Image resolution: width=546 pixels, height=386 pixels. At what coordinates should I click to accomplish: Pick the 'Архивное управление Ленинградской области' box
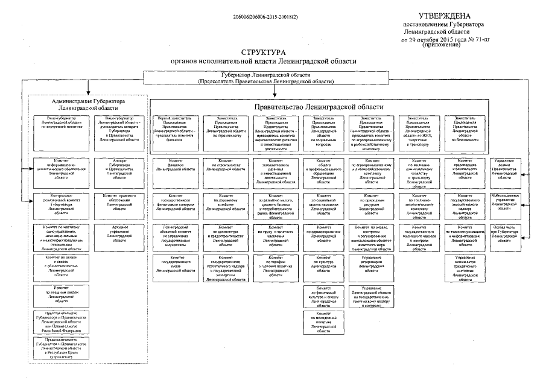pos(118,233)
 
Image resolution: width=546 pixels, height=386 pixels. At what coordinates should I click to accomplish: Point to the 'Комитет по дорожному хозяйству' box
pos(226,202)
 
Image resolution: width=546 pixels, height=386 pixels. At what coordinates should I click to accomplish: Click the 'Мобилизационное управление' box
pos(504,202)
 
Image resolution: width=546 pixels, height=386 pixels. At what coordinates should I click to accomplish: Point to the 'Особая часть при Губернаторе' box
pos(504,232)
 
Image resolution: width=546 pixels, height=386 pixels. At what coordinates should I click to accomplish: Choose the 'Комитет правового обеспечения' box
pos(118,202)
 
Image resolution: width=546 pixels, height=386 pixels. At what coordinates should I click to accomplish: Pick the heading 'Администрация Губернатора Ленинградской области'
pos(87,104)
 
